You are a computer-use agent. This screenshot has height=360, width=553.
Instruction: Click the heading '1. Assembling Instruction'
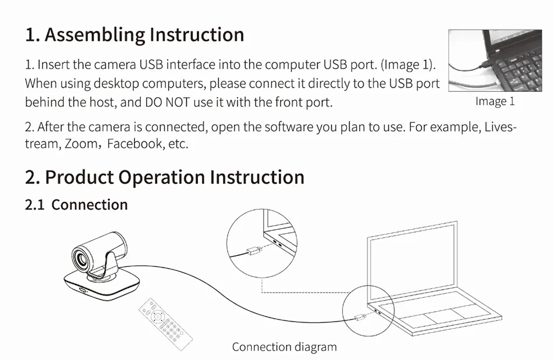click(134, 35)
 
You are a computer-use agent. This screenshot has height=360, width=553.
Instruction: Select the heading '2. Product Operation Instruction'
click(164, 177)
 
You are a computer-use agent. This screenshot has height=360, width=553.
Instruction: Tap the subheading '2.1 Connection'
click(76, 205)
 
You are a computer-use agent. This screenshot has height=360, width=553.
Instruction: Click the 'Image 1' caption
click(495, 101)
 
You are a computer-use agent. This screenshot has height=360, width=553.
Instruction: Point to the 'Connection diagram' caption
click(284, 347)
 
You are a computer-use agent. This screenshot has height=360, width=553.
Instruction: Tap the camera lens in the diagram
click(81, 257)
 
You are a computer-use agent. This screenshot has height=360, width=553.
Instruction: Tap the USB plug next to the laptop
click(361, 318)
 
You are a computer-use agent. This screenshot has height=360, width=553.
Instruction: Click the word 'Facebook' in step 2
click(134, 144)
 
